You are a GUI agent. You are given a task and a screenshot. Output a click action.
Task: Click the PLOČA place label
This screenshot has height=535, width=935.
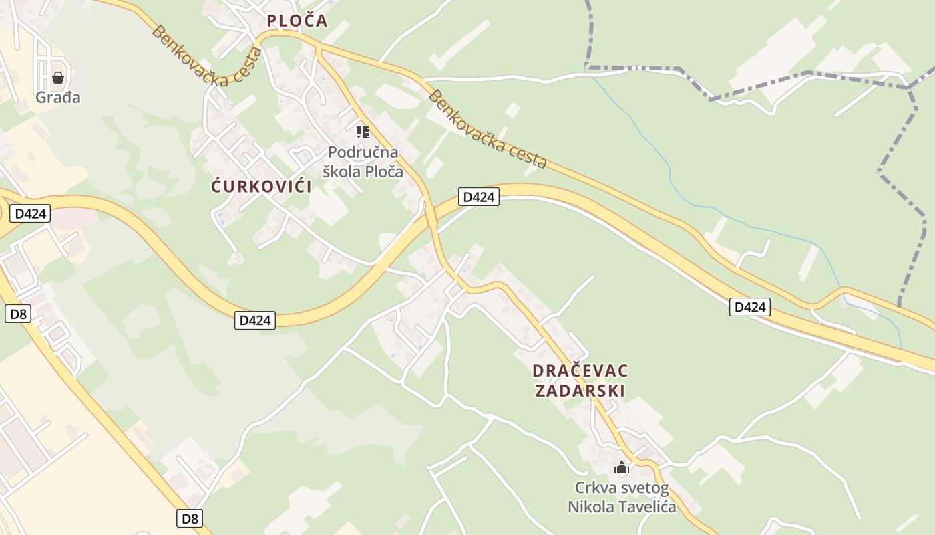pyautogui.click(x=297, y=21)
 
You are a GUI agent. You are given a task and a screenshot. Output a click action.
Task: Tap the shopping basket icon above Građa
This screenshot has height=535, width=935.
pyautogui.click(x=58, y=78)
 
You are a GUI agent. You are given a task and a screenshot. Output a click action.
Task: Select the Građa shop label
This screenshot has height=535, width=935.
pyautogui.click(x=58, y=98)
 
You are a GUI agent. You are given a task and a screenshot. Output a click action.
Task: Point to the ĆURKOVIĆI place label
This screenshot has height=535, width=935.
pyautogui.click(x=262, y=187)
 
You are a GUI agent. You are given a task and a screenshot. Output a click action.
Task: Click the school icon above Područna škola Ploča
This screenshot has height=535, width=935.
pyautogui.click(x=363, y=132)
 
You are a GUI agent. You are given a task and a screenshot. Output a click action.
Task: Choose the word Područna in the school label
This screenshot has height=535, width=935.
pyautogui.click(x=363, y=152)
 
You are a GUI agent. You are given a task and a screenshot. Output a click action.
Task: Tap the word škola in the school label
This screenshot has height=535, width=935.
pyautogui.click(x=342, y=171)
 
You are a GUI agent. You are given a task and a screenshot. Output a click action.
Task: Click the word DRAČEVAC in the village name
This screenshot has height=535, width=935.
pyautogui.click(x=580, y=370)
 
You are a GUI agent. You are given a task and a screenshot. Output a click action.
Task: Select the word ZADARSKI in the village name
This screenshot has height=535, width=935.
pyautogui.click(x=580, y=391)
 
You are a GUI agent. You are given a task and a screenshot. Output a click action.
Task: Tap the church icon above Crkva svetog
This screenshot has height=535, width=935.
pyautogui.click(x=622, y=468)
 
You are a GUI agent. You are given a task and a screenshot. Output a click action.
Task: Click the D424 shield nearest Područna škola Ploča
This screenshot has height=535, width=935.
pyautogui.click(x=479, y=197)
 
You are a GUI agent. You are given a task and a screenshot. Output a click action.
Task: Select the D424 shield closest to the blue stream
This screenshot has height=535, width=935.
pyautogui.click(x=749, y=307)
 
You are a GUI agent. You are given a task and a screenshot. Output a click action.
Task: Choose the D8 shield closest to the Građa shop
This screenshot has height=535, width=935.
pyautogui.click(x=17, y=314)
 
